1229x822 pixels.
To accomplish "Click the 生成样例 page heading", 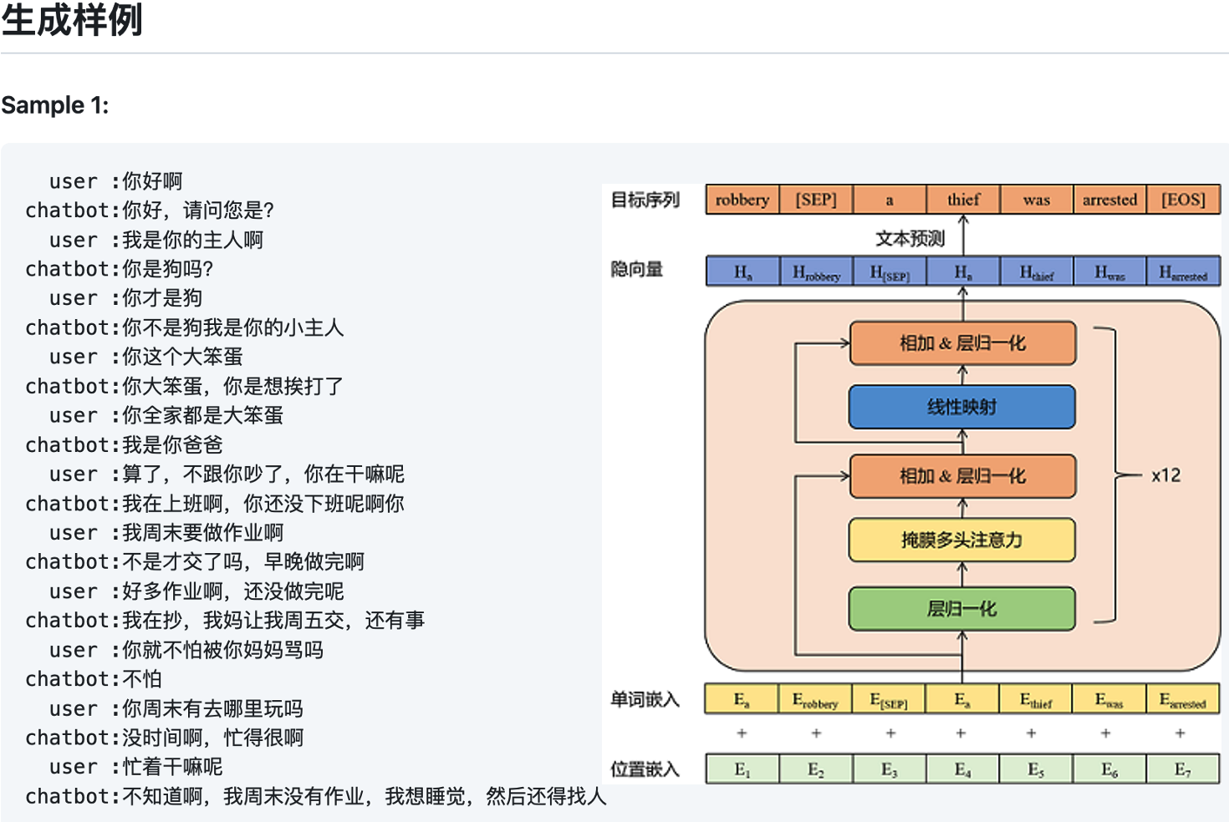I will coord(73,20).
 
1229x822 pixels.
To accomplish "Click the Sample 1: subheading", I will coord(55,105).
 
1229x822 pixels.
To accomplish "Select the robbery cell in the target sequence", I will coord(742,200).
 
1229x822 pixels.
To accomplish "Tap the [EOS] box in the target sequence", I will coord(1183,200).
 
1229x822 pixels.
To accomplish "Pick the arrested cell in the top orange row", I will coord(1109,200).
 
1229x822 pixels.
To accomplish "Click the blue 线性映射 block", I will coord(961,407).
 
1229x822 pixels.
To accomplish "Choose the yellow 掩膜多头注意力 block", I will coord(961,540).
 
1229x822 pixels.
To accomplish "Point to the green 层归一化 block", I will coord(961,609).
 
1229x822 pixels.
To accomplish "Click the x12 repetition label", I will coord(1165,475).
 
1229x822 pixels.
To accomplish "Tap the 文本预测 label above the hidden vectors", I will coord(910,239).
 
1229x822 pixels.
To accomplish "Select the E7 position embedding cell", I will coord(1182,769).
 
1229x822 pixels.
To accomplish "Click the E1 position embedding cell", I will coord(742,769).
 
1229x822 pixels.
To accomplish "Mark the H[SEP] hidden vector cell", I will coord(890,272).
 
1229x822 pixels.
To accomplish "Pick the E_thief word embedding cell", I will coord(1036,700).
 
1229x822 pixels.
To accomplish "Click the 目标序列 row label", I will coord(645,200).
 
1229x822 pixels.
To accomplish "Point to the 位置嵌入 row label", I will coord(645,769).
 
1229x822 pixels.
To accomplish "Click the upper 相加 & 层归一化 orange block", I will coord(961,343).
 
